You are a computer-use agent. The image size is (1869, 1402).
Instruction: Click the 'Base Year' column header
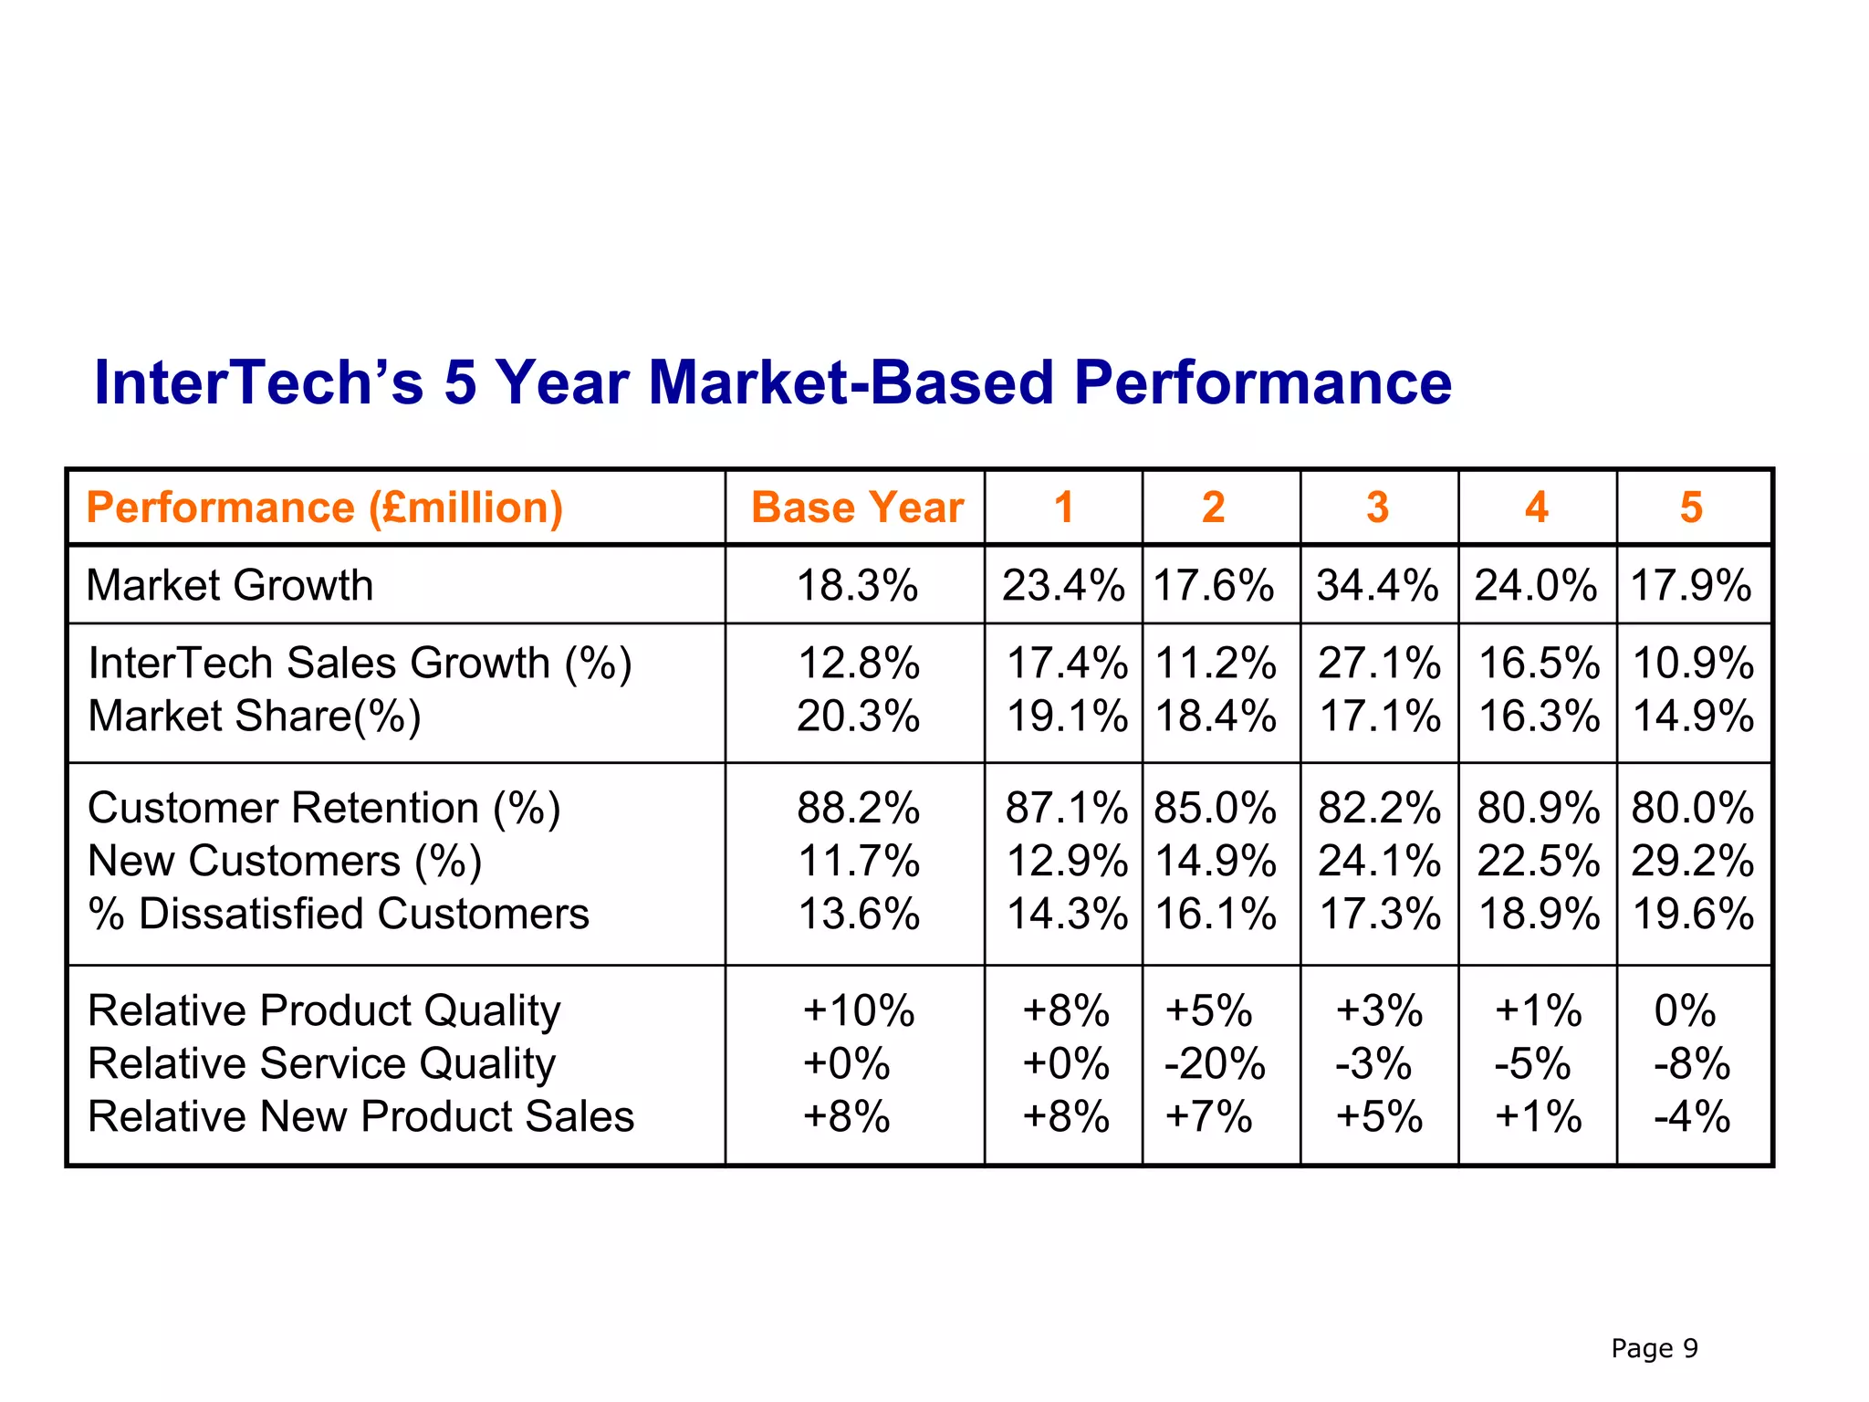tap(856, 507)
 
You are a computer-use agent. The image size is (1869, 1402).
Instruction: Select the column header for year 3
tap(1377, 507)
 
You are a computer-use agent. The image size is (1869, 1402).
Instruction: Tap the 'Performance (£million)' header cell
tap(324, 507)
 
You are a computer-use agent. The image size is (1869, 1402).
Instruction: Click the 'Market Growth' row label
tap(230, 585)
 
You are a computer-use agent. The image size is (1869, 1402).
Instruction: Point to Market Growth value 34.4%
tap(1377, 585)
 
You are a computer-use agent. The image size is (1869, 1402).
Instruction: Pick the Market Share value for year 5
tap(1693, 717)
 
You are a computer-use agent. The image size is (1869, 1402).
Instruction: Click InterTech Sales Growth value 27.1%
tap(1379, 664)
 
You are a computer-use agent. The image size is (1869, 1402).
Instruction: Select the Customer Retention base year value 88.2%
tap(858, 809)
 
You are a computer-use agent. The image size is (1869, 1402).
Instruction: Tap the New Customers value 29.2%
tap(1693, 862)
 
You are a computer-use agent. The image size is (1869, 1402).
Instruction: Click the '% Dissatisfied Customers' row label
tap(339, 915)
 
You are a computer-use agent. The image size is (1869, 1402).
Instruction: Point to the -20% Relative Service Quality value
tap(1215, 1064)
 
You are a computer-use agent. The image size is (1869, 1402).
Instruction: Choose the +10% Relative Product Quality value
tap(858, 1011)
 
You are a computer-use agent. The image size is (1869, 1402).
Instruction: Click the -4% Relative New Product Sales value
tap(1691, 1117)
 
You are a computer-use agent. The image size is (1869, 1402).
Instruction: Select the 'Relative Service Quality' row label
tap(321, 1064)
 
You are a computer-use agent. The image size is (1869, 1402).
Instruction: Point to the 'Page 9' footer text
tap(1654, 1348)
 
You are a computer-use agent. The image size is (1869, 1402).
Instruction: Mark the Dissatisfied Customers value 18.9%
tap(1538, 915)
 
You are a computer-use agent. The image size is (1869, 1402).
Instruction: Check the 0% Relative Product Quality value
tap(1685, 1011)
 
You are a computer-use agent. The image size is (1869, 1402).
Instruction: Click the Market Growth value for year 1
tap(1063, 585)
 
